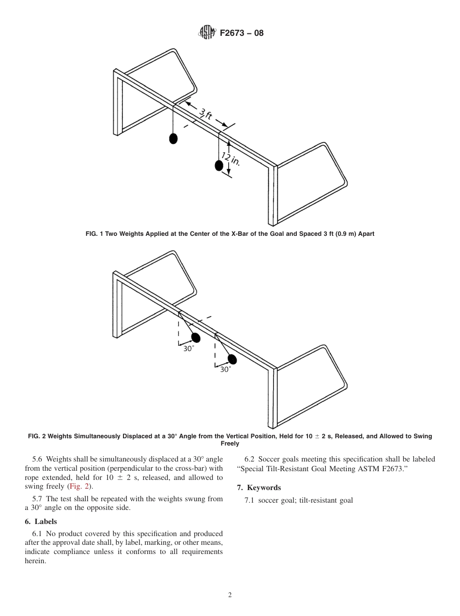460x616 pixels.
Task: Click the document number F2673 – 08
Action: [242, 33]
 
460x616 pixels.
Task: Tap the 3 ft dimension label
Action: [206, 115]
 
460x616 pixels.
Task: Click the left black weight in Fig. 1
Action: [173, 139]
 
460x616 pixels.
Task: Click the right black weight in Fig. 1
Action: [219, 166]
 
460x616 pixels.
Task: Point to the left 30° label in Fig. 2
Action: [188, 349]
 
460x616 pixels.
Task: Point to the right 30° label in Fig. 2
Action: [225, 370]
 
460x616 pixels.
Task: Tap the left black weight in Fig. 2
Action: [196, 338]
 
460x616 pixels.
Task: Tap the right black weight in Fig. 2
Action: [232, 359]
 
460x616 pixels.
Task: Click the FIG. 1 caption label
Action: [96, 234]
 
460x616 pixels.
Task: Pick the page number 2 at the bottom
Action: [230, 595]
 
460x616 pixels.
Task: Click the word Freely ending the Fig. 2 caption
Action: [230, 444]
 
